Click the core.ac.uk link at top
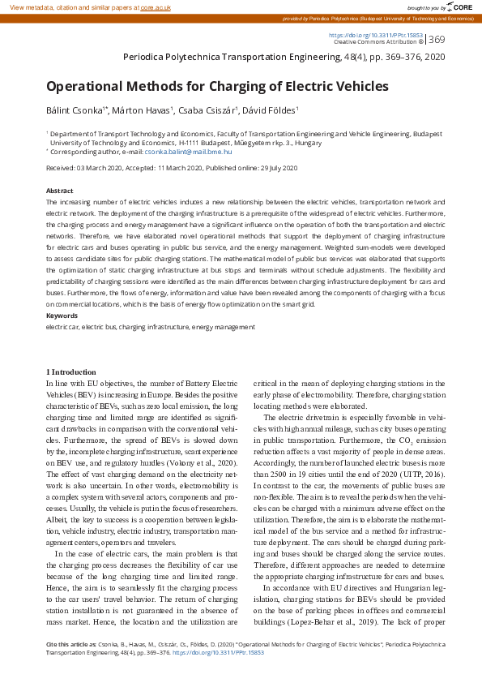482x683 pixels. pos(156,6)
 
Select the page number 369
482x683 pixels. pos(437,40)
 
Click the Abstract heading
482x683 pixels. pos(60,191)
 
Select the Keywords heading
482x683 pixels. pos(62,316)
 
